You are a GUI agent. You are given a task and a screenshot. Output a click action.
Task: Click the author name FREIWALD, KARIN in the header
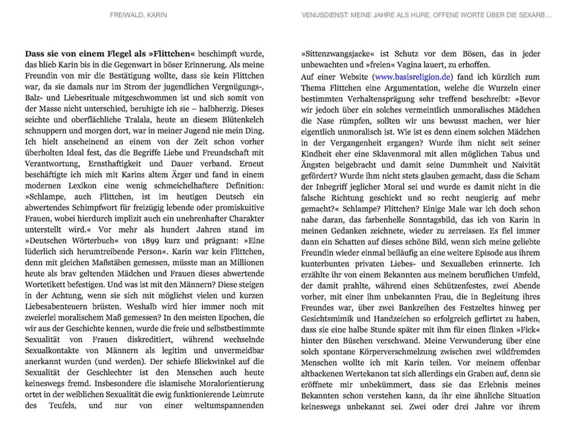(138, 15)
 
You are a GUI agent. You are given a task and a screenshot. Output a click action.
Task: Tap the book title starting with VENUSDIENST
(426, 15)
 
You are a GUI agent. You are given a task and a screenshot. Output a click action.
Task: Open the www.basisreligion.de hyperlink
(412, 77)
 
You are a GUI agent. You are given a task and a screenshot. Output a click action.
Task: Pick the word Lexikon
(83, 185)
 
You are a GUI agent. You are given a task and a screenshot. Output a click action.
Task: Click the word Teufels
(62, 405)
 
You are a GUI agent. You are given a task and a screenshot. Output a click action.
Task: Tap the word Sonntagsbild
(437, 220)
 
